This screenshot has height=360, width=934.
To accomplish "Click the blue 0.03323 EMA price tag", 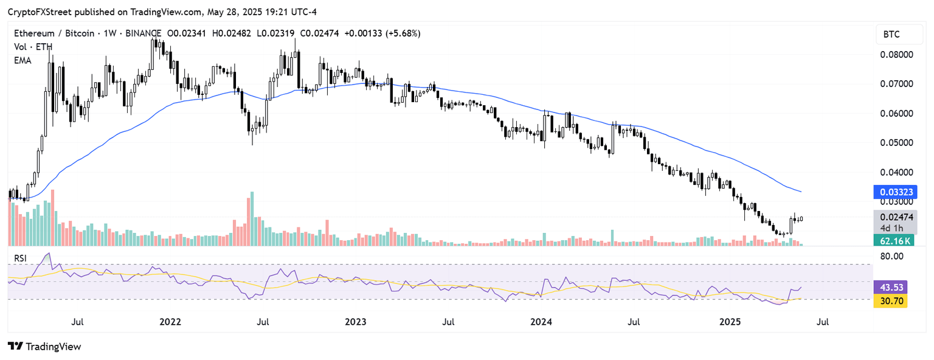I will click(894, 193).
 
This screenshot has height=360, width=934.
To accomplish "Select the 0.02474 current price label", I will click(894, 216).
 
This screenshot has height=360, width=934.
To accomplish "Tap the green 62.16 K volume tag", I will click(894, 241).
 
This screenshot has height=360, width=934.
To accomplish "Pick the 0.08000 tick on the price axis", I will click(897, 54).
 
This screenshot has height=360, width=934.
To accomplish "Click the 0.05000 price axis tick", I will click(897, 142).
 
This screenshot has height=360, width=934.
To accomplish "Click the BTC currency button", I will click(891, 35).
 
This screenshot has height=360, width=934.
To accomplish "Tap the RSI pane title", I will click(21, 258).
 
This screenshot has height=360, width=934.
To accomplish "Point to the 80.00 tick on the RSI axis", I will click(891, 256).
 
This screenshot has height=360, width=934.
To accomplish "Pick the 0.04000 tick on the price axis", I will click(897, 172).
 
